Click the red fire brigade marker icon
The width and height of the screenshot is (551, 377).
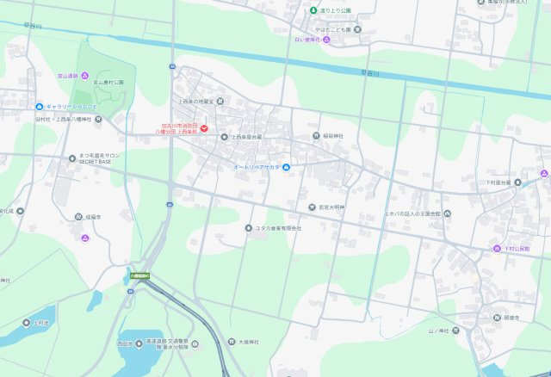coord(205,128)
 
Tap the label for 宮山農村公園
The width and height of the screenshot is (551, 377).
coord(108,83)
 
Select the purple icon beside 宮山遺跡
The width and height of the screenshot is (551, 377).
coord(85,76)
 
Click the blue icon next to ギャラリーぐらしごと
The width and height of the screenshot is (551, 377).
coord(40,106)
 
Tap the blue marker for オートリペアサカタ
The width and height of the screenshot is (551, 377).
coord(287,166)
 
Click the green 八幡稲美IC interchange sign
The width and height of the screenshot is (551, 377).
coord(139,276)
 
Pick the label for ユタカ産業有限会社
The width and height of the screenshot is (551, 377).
coord(278,228)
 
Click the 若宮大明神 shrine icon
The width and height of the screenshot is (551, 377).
coord(312,207)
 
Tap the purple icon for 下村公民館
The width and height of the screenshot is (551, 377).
coord(497,249)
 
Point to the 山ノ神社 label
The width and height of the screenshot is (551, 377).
coord(440,330)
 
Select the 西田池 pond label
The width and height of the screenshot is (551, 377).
coord(125,343)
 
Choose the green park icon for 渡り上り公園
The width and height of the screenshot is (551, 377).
coord(313,10)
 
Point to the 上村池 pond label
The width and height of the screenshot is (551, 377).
coord(41,323)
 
